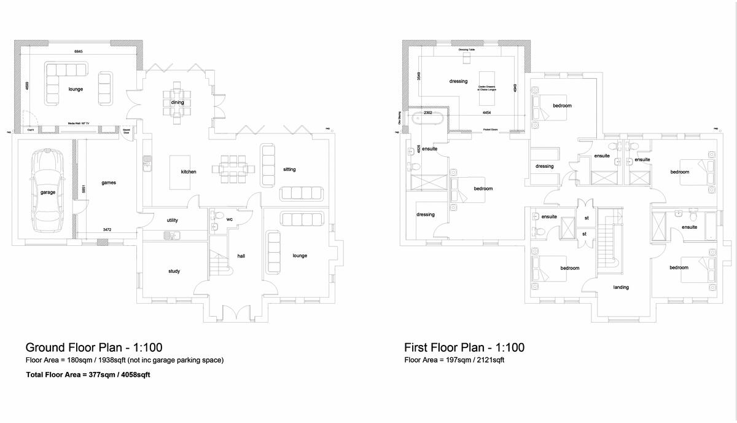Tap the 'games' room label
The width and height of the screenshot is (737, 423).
point(109,183)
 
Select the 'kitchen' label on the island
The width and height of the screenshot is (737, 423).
point(189,172)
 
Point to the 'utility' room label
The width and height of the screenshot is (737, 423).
point(173,220)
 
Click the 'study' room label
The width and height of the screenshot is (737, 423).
point(174,271)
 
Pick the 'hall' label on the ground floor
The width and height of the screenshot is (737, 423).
point(241,256)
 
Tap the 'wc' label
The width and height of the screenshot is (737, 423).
point(229,219)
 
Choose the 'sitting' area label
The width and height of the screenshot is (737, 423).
point(289,169)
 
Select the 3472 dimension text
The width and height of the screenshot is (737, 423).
point(107,230)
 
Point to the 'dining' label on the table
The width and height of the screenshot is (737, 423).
point(177,102)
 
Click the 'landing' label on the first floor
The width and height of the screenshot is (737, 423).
point(621,287)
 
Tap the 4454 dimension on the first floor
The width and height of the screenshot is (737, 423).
point(486,113)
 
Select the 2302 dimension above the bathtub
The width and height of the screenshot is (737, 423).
point(428,113)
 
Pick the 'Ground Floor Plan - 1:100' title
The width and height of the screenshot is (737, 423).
point(93,347)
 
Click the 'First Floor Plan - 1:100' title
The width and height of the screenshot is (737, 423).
point(464,347)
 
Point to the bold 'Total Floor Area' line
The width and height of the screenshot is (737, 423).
point(88,374)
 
